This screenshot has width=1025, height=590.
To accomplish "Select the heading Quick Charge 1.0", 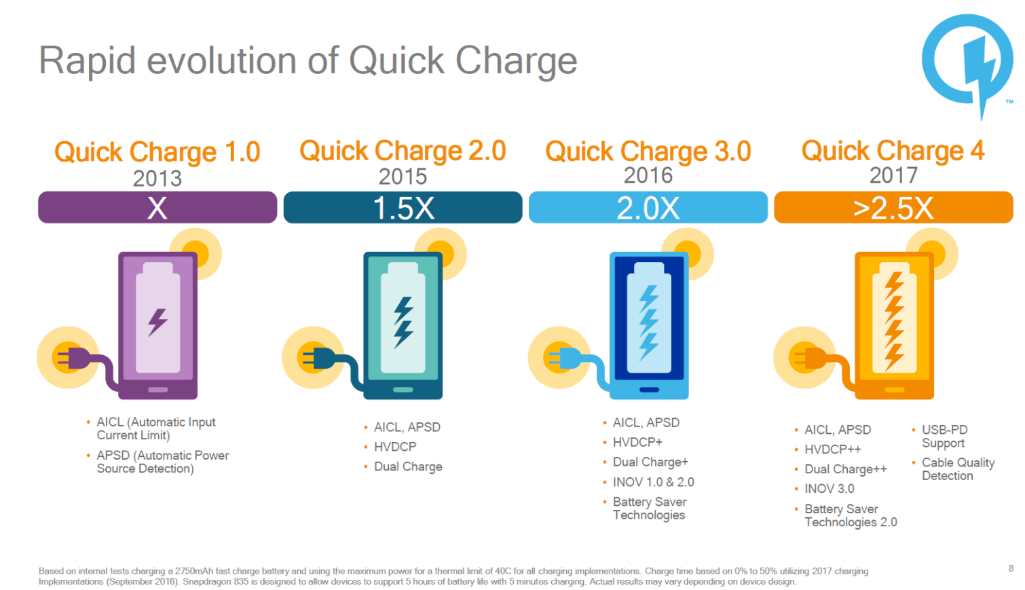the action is point(157,152).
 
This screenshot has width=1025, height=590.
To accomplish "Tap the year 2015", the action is point(403,177).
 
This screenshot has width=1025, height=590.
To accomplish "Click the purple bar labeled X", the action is point(157,207).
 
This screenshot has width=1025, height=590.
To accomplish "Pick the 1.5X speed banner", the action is point(403,207).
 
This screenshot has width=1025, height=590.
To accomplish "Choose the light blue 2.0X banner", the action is point(648,207).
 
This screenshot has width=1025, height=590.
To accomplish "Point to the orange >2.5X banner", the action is point(893,207).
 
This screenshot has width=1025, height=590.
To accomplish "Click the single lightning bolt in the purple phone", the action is point(157,322).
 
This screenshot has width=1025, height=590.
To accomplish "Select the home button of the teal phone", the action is point(403,390).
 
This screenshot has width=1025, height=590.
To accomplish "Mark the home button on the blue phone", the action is point(649,390).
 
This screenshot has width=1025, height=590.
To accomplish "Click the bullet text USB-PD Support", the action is point(944,436).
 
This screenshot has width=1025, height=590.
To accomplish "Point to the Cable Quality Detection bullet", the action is point(958,469).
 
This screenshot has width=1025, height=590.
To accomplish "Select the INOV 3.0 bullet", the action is point(829,489).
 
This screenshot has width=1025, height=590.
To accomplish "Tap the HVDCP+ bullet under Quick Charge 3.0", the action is point(637,442).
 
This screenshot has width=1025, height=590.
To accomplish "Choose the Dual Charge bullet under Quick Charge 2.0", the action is point(408,466).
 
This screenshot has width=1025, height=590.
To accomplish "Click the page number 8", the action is point(1011,568).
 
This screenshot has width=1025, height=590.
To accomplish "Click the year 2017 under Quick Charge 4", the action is point(893,175).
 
